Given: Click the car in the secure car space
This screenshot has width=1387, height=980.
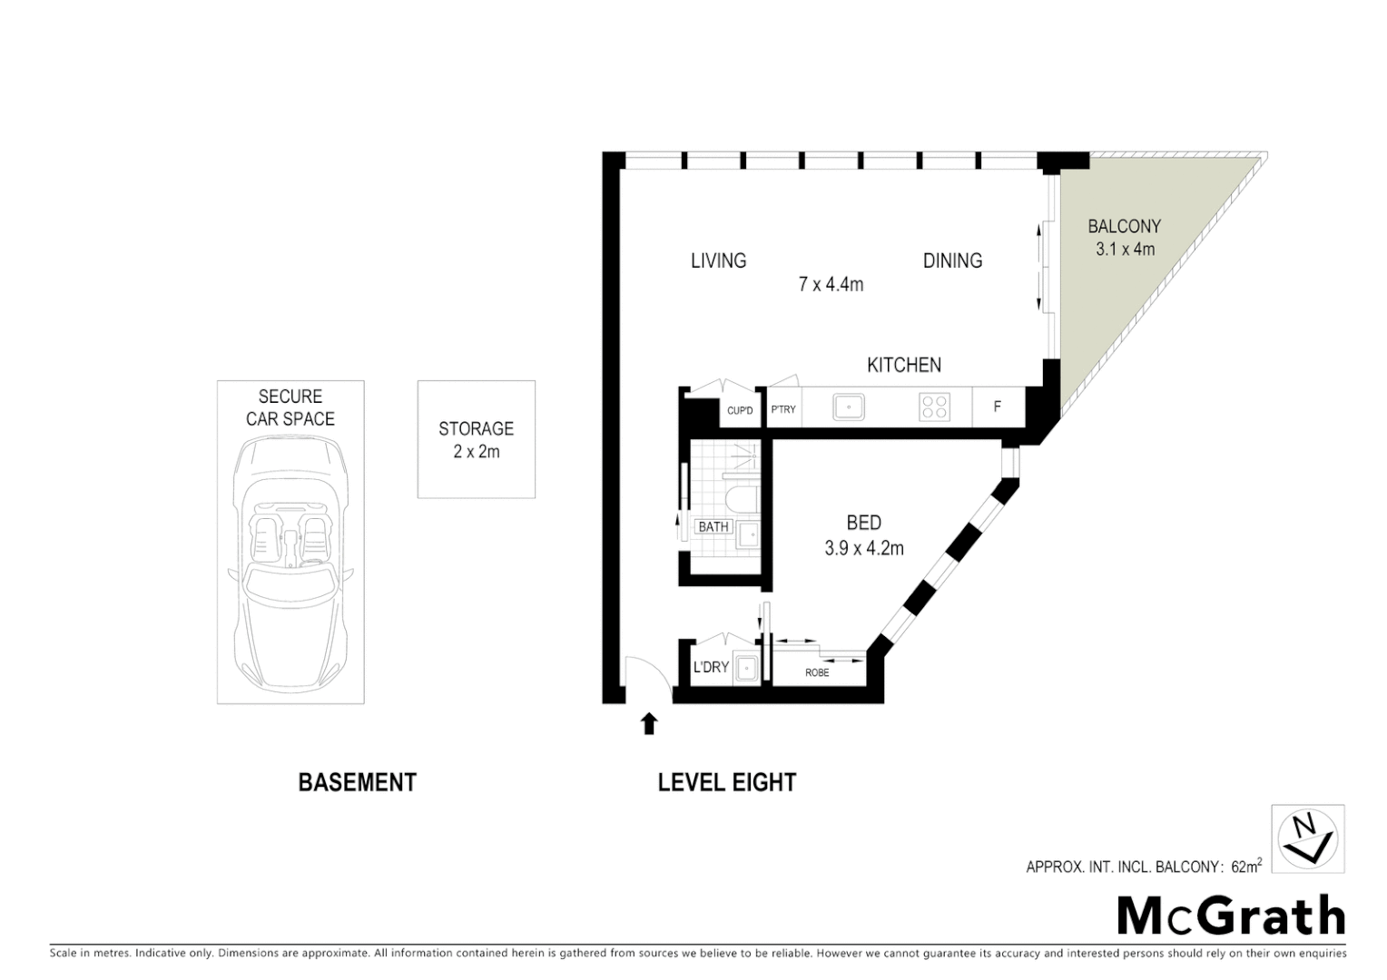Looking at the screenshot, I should (x=290, y=563).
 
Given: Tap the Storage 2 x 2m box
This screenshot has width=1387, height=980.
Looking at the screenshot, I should (x=476, y=439).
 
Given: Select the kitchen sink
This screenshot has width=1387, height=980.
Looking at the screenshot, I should (x=849, y=407).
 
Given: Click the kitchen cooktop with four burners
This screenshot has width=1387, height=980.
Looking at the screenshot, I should (x=935, y=407).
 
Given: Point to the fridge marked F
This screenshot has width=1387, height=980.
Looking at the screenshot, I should (x=997, y=407).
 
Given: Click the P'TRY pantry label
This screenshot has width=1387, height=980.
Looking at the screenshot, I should (x=783, y=409).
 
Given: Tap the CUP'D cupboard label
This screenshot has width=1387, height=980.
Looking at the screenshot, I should (x=740, y=411).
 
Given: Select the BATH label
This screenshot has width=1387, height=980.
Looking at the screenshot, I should (x=713, y=526).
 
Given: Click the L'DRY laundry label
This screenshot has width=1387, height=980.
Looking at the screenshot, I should (x=711, y=667).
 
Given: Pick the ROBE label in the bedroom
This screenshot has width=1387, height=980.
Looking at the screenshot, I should (x=817, y=672).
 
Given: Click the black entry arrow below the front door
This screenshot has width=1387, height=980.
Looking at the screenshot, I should (x=648, y=723).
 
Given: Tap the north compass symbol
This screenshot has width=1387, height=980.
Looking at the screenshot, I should (x=1307, y=838).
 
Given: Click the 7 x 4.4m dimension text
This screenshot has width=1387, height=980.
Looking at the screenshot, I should (x=831, y=285).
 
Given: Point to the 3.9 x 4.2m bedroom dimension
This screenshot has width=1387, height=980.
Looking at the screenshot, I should (x=863, y=548).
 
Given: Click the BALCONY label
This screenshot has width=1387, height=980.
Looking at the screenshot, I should (x=1124, y=227).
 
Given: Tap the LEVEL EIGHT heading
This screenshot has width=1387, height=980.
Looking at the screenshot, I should (x=726, y=782).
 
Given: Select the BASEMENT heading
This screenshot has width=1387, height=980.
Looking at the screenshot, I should (x=357, y=782).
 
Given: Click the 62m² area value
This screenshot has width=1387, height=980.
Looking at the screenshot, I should (x=1245, y=866).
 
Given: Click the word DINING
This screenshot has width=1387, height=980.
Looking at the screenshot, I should (x=952, y=261).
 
